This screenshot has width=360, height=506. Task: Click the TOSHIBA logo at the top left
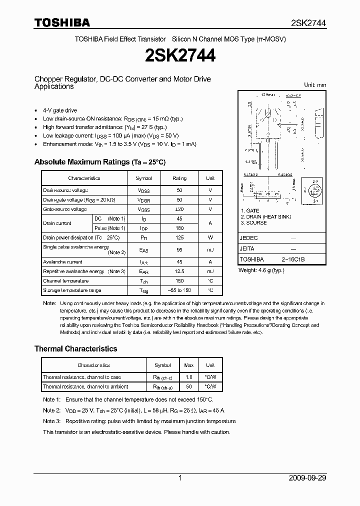(x=62, y=22)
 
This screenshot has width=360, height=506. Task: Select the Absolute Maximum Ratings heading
(x=99, y=162)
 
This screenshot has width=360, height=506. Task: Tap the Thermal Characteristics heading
(x=75, y=348)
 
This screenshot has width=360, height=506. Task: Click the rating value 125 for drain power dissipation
(x=179, y=237)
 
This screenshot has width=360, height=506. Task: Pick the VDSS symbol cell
(x=143, y=190)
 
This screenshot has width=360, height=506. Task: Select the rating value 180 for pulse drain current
(x=179, y=228)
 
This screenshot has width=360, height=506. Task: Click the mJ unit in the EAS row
(x=210, y=249)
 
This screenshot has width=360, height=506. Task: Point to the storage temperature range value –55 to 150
(x=179, y=290)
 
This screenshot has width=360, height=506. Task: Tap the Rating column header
(x=179, y=178)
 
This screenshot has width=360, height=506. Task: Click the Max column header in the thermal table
(x=189, y=365)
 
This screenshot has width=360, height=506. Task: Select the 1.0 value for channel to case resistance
(x=189, y=377)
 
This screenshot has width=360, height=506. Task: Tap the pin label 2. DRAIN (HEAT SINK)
(x=265, y=216)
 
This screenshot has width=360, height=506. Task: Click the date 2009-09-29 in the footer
(x=307, y=478)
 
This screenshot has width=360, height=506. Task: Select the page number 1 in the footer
(x=180, y=478)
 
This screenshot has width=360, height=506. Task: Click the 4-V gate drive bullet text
(x=60, y=110)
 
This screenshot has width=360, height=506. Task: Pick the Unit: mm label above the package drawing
(x=315, y=85)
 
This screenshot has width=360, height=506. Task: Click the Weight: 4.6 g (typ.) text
(x=261, y=270)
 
